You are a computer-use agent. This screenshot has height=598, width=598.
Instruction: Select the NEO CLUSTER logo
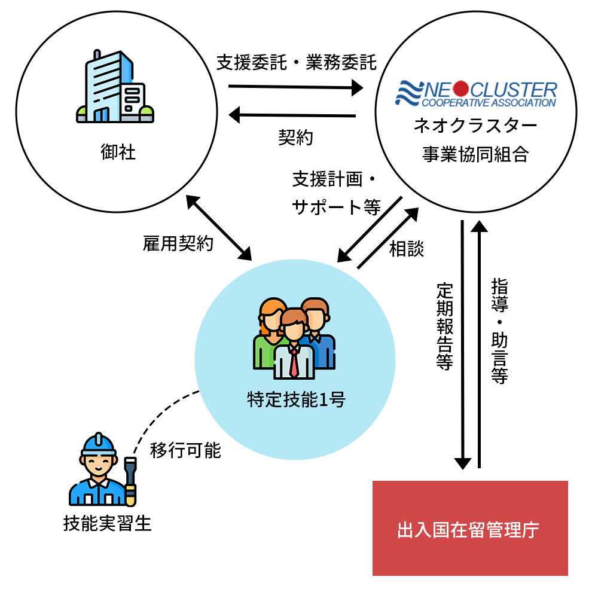coord(477,94)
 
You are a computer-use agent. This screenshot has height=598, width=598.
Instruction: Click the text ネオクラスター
coord(476,126)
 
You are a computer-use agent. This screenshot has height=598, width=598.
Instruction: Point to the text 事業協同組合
coord(476,154)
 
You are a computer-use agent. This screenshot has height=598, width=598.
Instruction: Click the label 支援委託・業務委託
coord(297,62)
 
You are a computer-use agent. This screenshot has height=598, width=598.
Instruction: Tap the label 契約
coord(295,138)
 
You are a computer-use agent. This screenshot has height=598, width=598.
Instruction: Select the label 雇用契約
coord(178,244)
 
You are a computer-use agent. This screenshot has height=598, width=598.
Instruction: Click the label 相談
coord(407,249)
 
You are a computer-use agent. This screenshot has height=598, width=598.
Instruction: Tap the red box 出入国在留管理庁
coord(470,529)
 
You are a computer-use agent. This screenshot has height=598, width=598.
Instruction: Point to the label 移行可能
coord(185,450)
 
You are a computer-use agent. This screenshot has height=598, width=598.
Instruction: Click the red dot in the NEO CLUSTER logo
coord(460,89)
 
